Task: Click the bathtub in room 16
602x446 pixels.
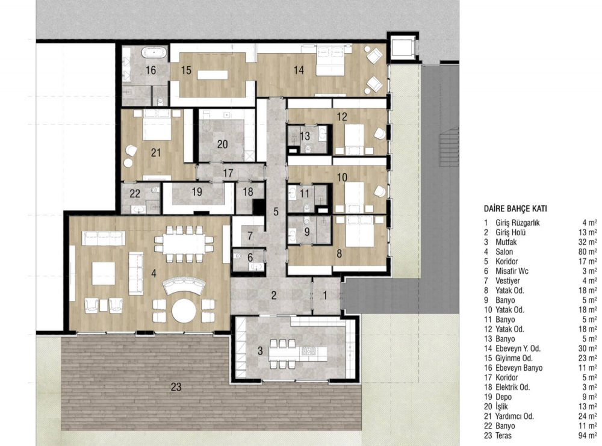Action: pos(154,52)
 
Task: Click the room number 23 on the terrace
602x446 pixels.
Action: pos(176,387)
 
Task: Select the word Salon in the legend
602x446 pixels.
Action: pos(504,252)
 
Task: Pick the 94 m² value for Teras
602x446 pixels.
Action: pos(588,435)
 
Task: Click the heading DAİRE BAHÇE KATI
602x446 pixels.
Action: pos(515,209)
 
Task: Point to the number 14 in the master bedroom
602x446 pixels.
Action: pos(299,70)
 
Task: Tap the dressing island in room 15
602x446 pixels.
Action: pos(213,75)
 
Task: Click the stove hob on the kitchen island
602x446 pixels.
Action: pos(308,350)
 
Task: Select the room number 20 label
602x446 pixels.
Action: pos(222,144)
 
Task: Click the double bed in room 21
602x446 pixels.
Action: pos(157,125)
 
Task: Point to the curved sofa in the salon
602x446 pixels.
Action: pos(184,285)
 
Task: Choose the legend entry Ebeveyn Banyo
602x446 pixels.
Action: pos(519,368)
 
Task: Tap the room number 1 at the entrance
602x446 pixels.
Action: pos(325,295)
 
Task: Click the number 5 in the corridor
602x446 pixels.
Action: pos(276,211)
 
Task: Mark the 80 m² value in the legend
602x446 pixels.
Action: pos(588,252)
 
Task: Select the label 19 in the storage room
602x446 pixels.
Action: pos(197,191)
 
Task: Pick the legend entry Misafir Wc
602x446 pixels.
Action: pos(512,271)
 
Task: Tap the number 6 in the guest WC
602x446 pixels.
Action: pos(250,258)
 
